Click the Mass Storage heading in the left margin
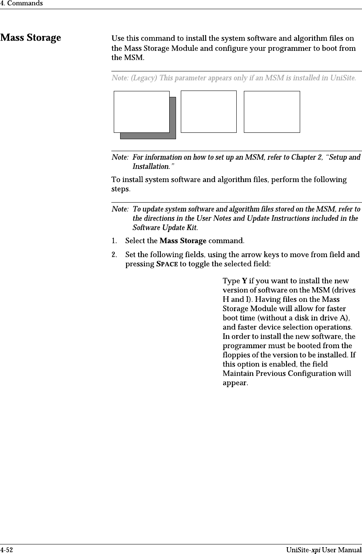point(31,38)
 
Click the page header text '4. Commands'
point(22,4)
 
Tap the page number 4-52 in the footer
point(6,550)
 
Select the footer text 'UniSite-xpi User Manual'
point(324,550)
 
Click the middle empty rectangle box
point(208,112)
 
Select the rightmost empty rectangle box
point(271,112)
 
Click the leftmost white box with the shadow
point(141,111)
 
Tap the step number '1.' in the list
point(115,241)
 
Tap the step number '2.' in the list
point(115,254)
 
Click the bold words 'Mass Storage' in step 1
point(183,241)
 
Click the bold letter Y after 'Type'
point(244,281)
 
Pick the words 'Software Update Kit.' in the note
point(165,228)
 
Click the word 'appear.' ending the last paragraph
point(235,383)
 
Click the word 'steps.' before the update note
point(120,189)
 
